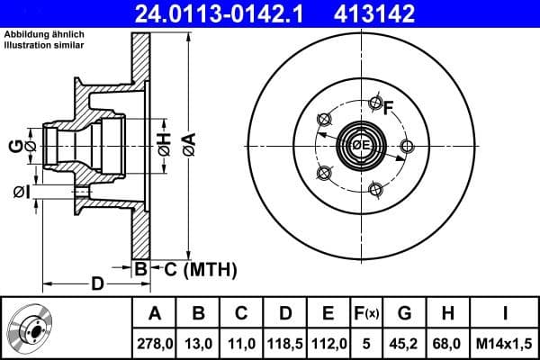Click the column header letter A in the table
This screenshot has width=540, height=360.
[154, 313]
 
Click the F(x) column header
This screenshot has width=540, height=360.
[366, 313]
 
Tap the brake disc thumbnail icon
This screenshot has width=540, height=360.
[31, 328]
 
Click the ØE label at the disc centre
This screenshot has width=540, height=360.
[361, 145]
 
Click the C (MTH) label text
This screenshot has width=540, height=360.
[194, 268]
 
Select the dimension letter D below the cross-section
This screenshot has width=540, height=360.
[95, 284]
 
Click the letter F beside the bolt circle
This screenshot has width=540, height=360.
[389, 110]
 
